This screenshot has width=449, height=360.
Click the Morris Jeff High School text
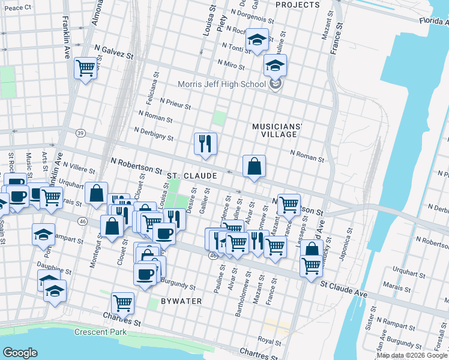(x=222, y=84)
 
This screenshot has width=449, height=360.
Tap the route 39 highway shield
(x=80, y=133)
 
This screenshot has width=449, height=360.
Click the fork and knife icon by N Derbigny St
(x=205, y=143)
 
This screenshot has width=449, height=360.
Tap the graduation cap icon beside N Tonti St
(x=258, y=40)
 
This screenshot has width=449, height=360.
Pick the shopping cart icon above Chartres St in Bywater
(x=122, y=303)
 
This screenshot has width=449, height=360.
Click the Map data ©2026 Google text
(x=412, y=355)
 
